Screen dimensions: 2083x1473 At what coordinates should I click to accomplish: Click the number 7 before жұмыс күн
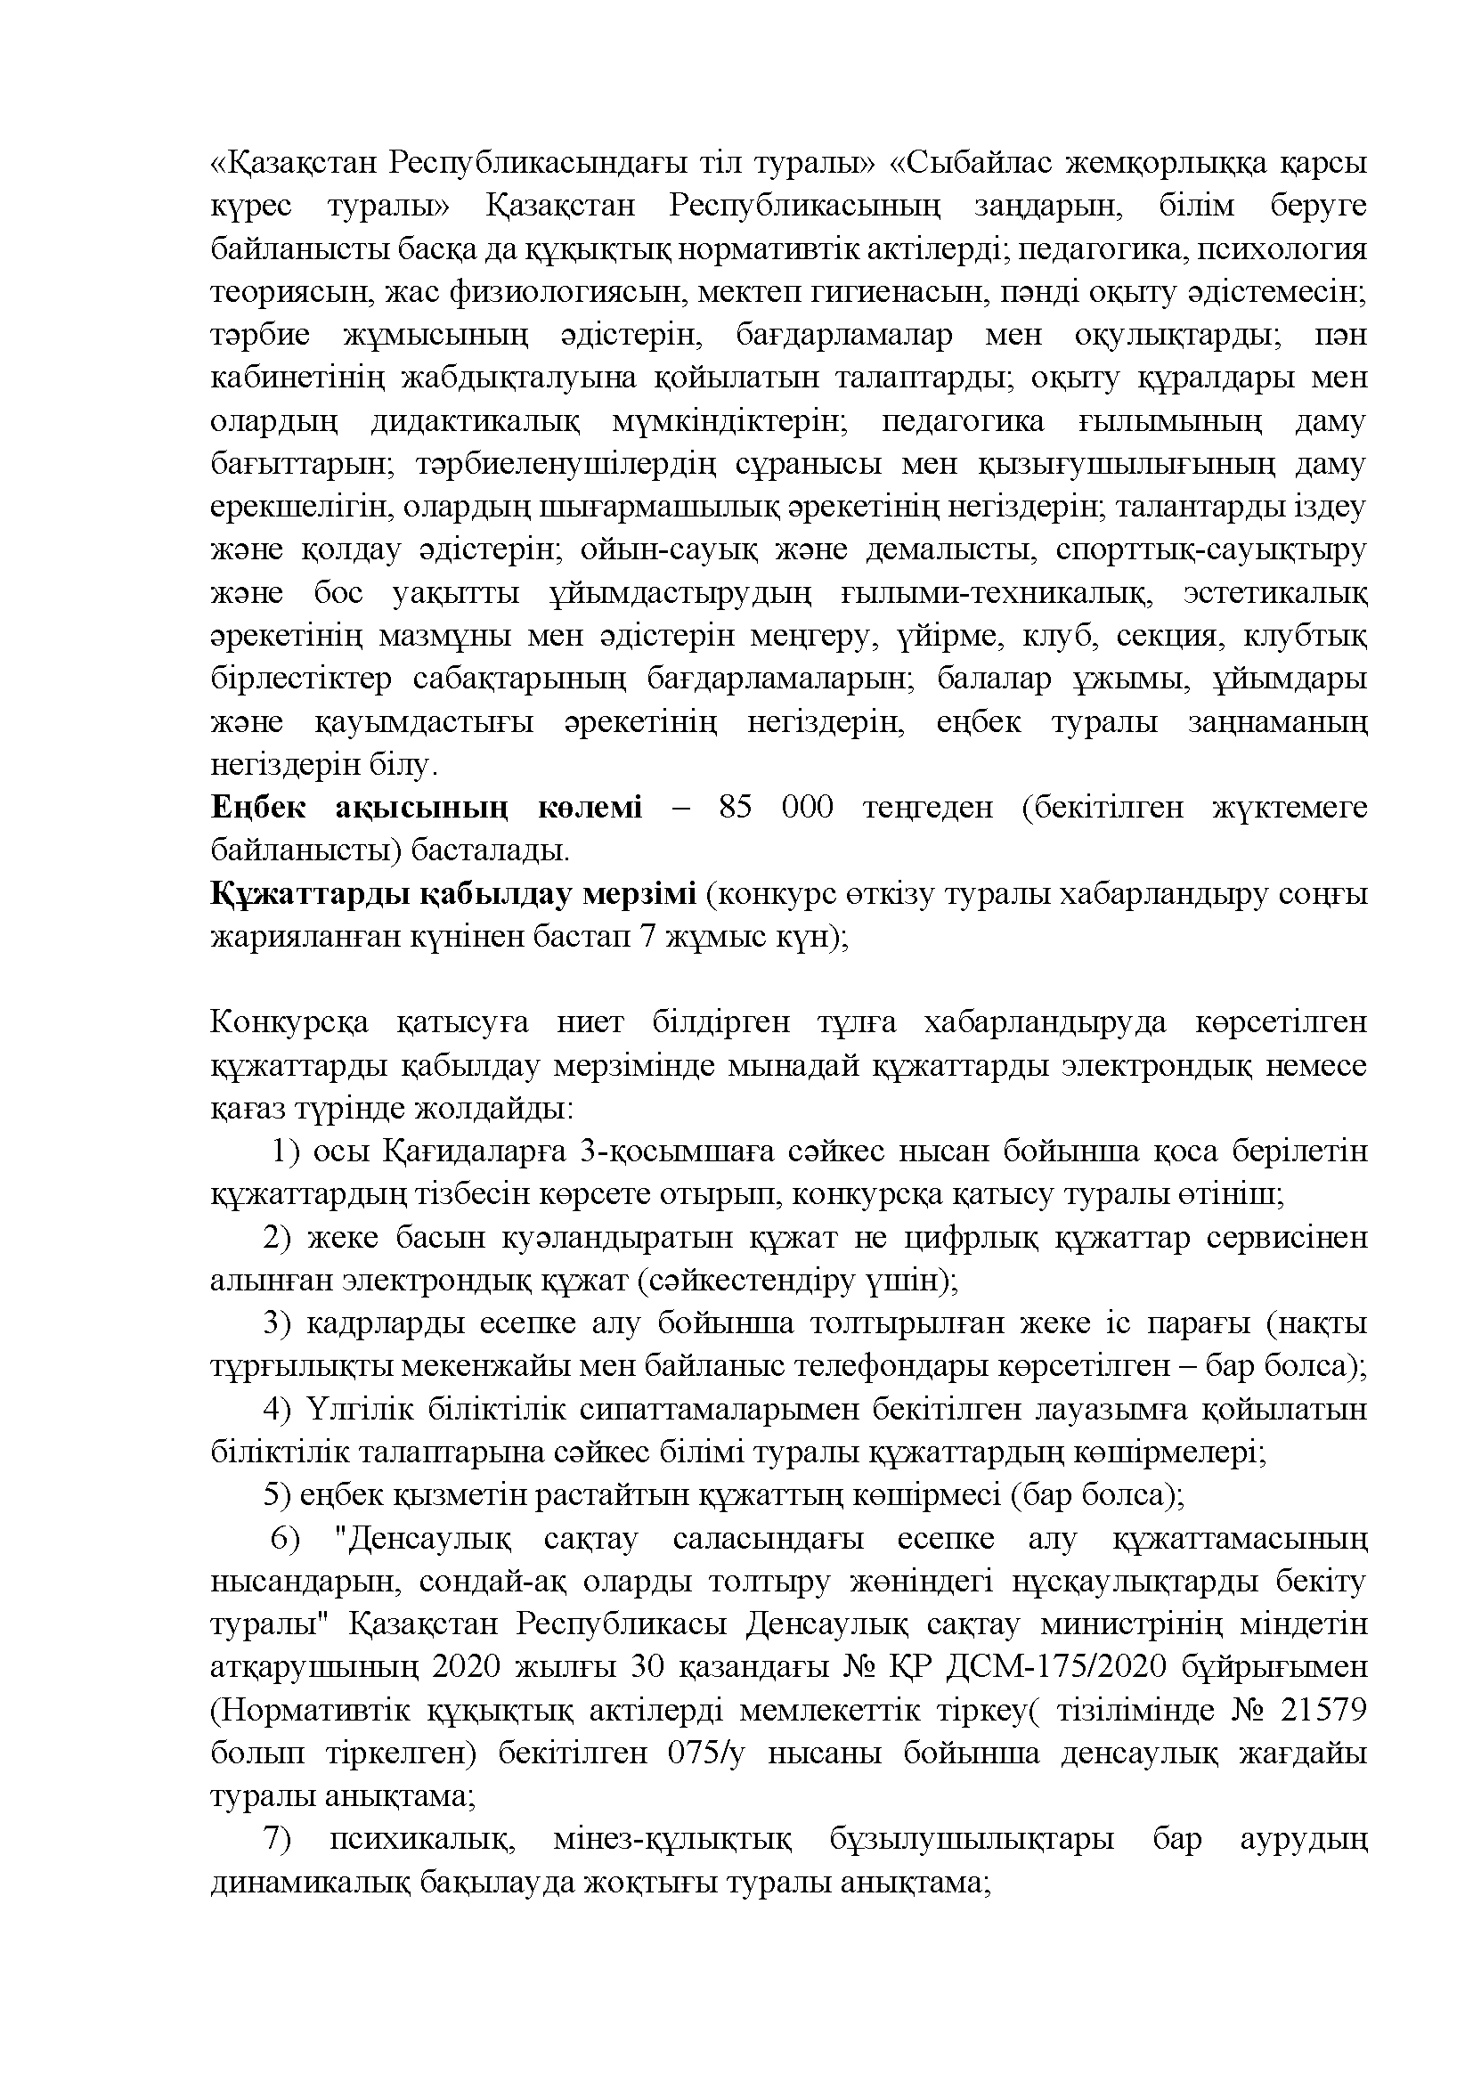coord(647,936)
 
